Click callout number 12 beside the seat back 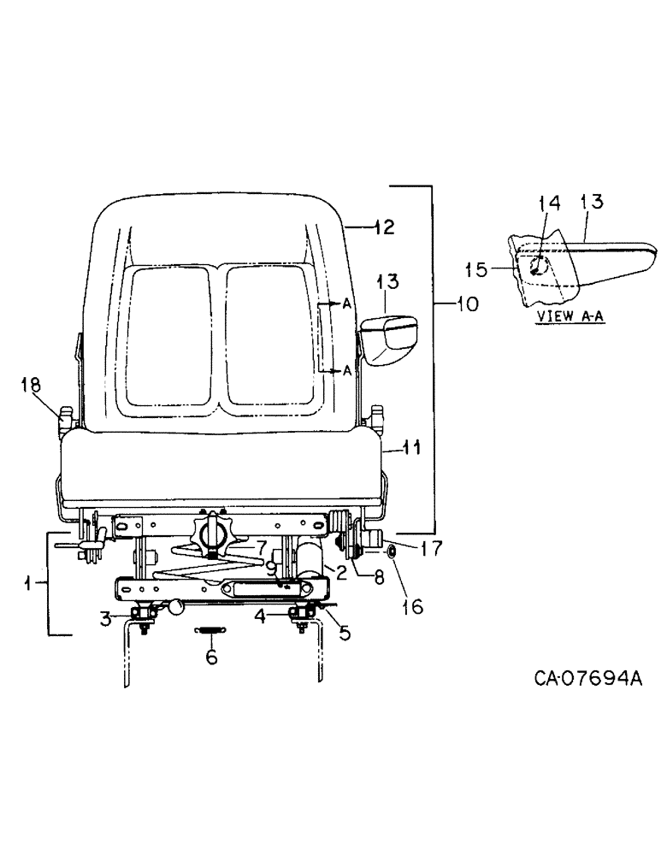384,227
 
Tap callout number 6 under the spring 210,657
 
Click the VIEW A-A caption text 563,315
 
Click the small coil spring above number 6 210,631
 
